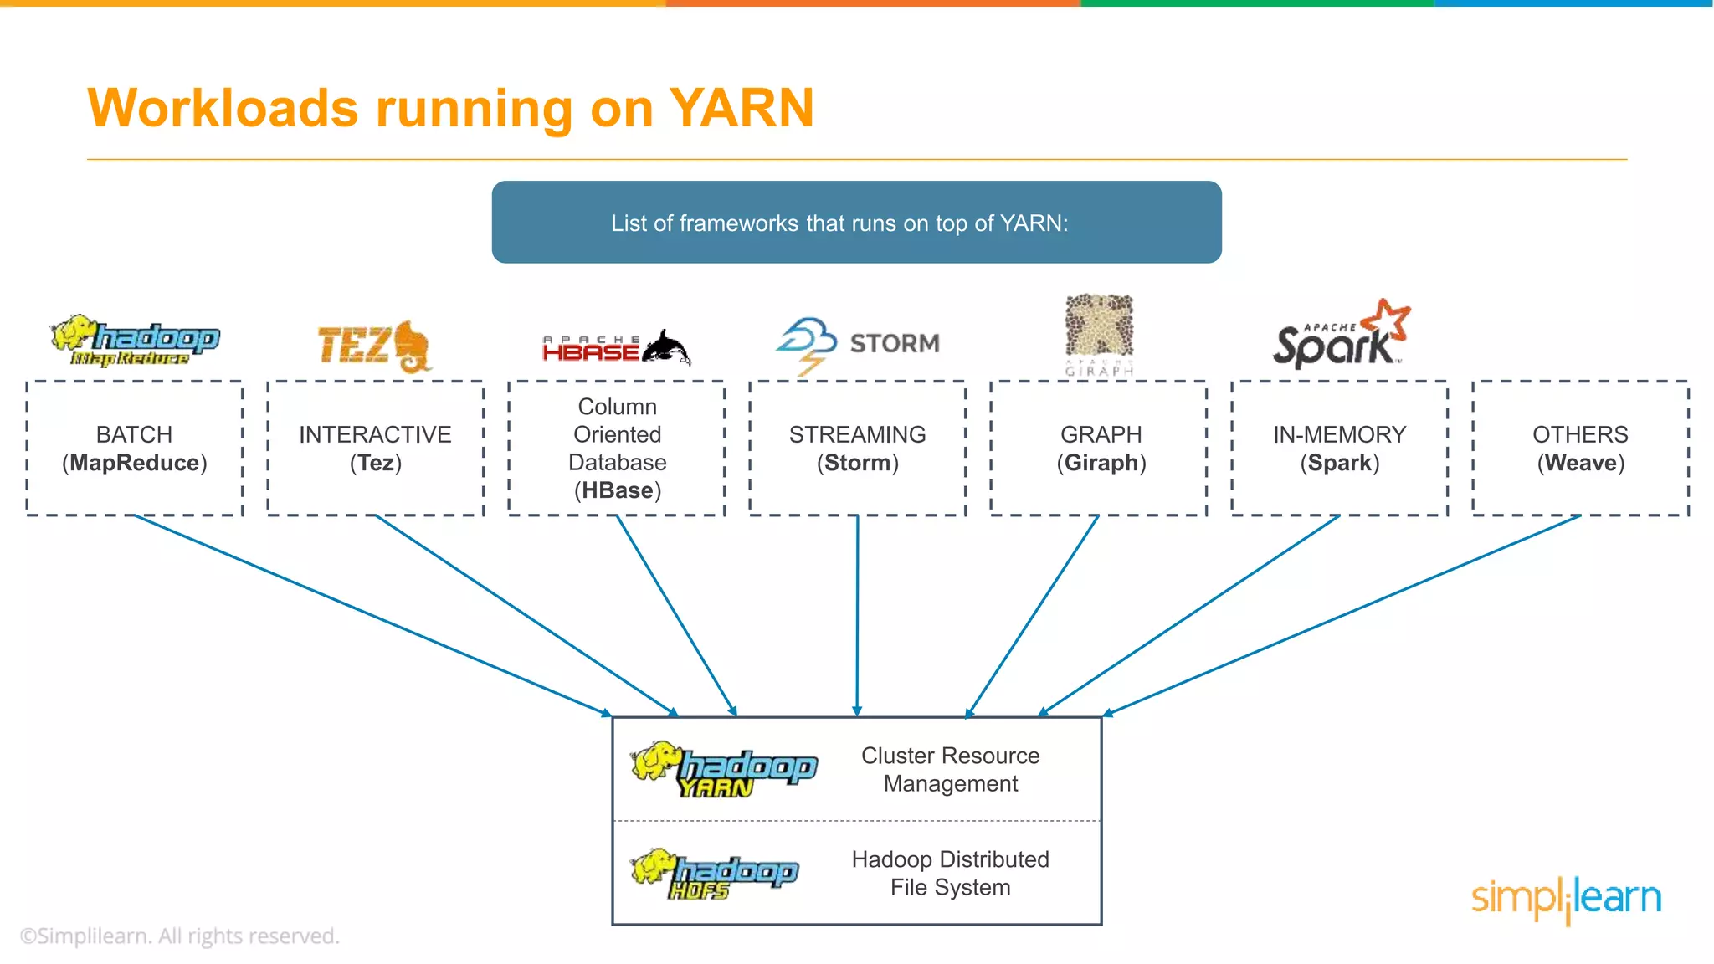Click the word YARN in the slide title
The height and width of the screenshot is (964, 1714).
tap(742, 109)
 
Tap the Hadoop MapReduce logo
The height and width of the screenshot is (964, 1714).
tap(136, 341)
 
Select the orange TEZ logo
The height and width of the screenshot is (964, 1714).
tap(373, 345)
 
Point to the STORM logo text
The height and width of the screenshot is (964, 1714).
tap(894, 343)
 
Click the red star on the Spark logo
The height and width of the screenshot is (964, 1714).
tap(1388, 319)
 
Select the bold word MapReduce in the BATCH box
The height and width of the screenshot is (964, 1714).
tap(134, 463)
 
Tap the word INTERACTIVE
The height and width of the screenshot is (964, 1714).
tap(375, 434)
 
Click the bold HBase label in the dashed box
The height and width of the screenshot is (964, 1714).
tap(618, 490)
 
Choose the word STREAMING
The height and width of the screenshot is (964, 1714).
tap(857, 434)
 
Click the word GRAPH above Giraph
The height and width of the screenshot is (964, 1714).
tap(1101, 434)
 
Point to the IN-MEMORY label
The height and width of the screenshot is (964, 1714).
tap(1339, 434)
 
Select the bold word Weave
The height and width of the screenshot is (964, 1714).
tap(1580, 463)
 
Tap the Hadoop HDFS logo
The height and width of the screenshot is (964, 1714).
tap(714, 874)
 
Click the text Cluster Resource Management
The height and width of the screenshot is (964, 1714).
tap(950, 769)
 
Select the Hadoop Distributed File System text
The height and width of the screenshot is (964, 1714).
tap(950, 873)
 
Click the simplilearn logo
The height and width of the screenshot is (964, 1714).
tap(1566, 899)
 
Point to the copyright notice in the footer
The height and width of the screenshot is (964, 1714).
tap(180, 936)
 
